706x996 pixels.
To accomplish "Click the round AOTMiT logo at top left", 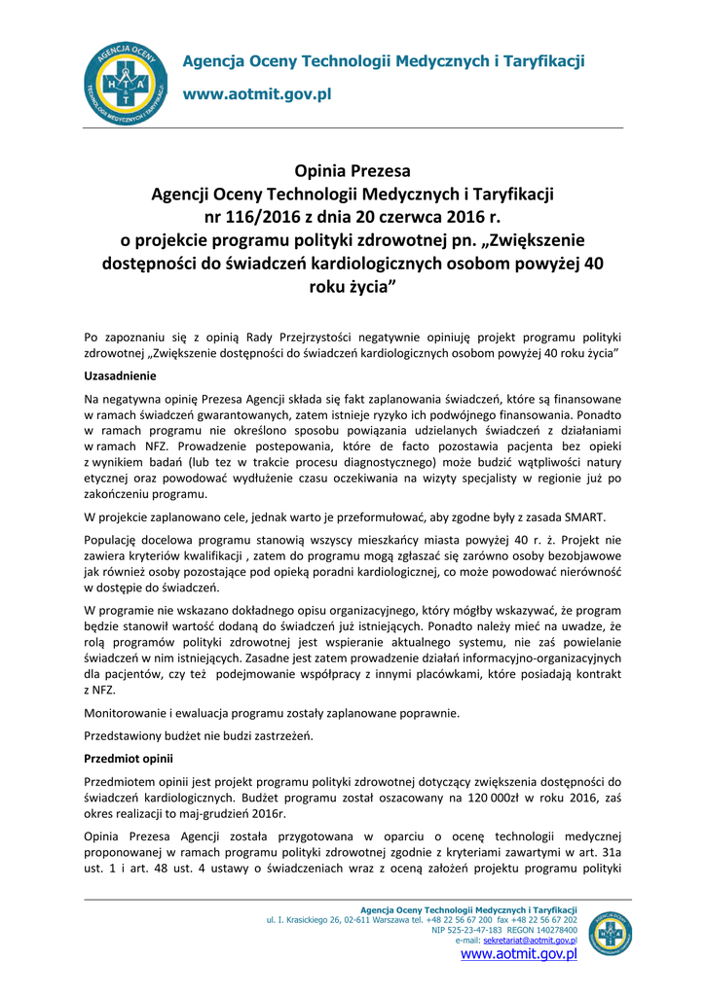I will [125, 85].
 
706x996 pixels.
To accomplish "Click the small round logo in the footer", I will [611, 934].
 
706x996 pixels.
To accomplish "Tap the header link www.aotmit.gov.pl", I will [258, 94].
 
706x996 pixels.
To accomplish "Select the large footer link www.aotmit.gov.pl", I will [518, 954].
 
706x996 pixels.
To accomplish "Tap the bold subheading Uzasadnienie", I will [122, 375].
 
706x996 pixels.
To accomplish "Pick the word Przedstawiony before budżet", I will [131, 735].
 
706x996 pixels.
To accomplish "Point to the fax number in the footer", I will [545, 919].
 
